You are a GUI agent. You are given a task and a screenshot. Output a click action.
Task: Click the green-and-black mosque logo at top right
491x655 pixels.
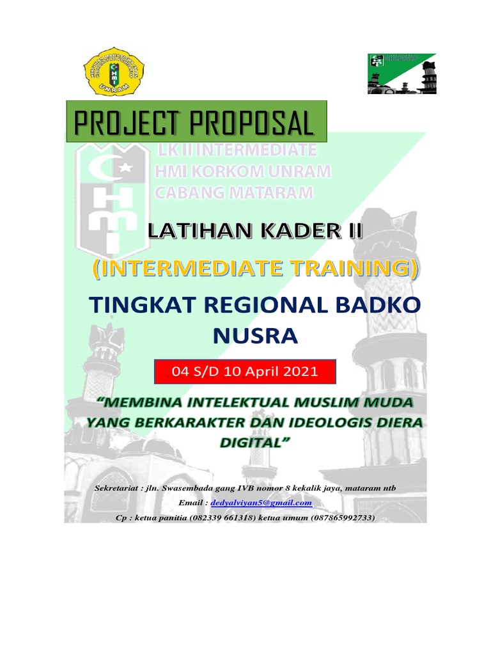401,74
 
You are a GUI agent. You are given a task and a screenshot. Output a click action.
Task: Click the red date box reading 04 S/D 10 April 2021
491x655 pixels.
245,372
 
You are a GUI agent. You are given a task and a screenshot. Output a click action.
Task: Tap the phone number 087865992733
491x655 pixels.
343,517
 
